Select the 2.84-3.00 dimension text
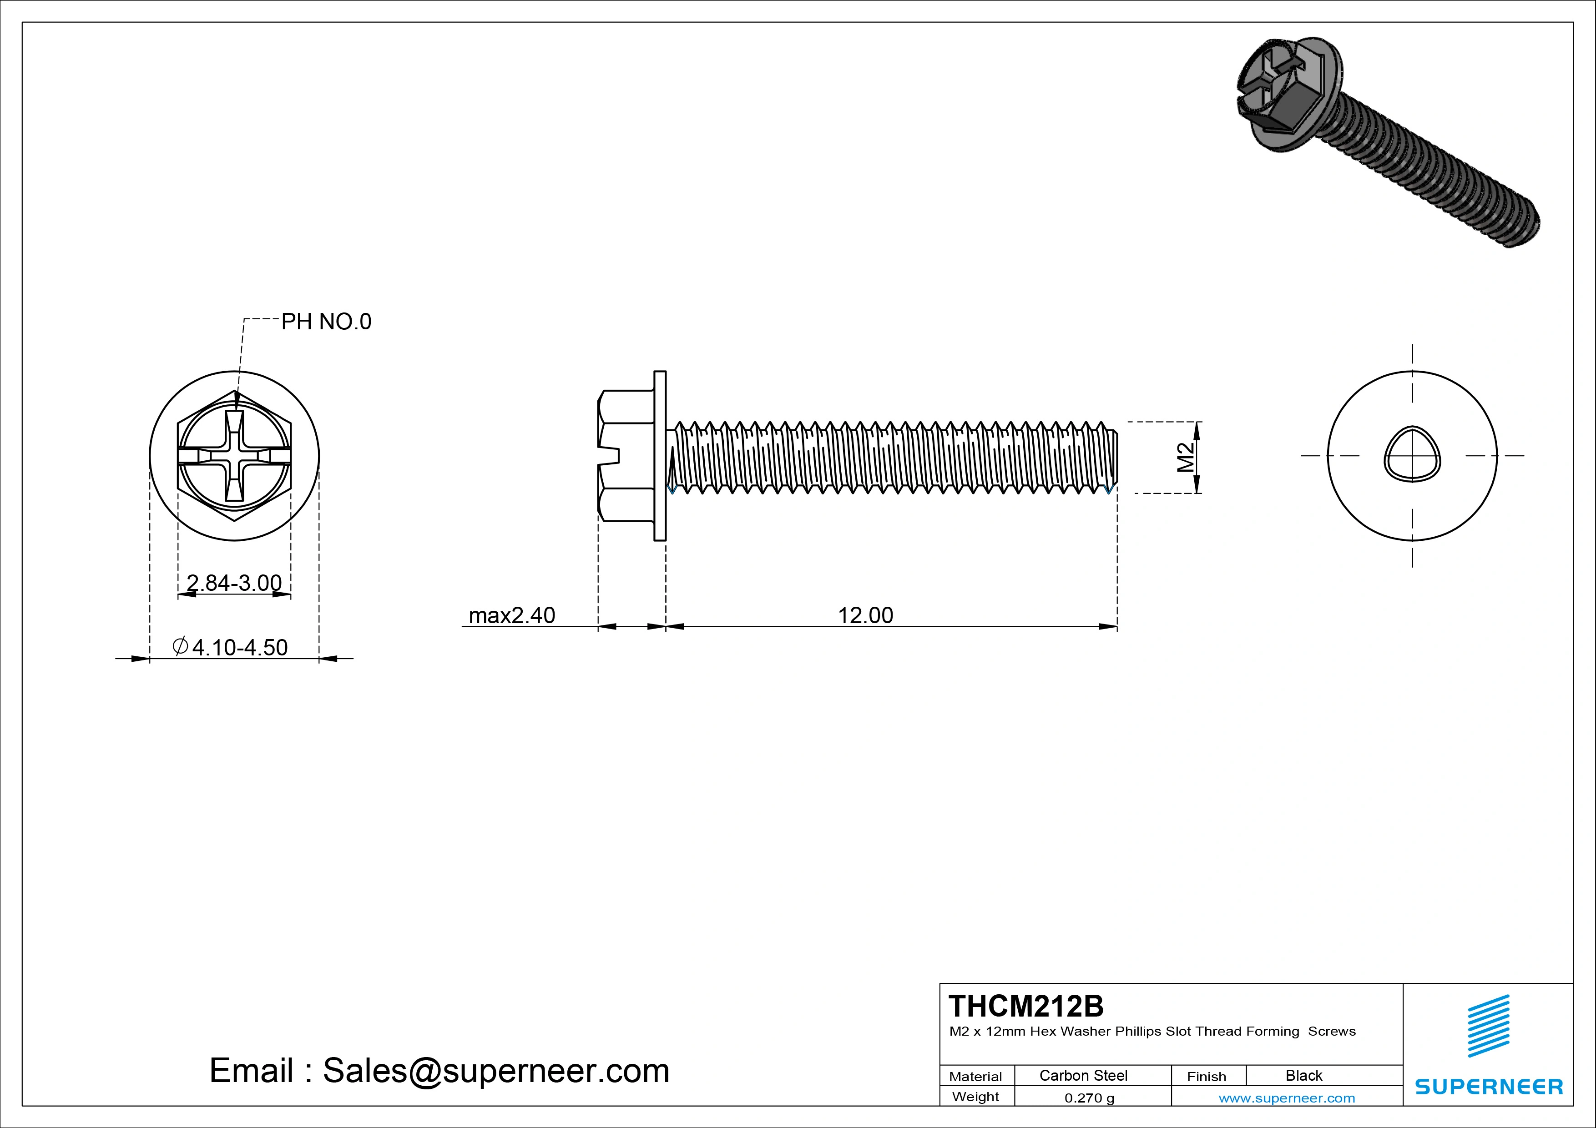pyautogui.click(x=234, y=582)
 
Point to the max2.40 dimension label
pyautogui.click(x=512, y=615)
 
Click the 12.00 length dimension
pyautogui.click(x=865, y=615)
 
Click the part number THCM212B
pyautogui.click(x=1025, y=1006)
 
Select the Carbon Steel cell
pyautogui.click(x=1083, y=1075)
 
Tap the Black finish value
pyautogui.click(x=1303, y=1075)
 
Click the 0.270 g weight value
pyautogui.click(x=1089, y=1098)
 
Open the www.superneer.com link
pyautogui.click(x=1287, y=1098)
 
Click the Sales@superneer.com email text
pyautogui.click(x=495, y=1070)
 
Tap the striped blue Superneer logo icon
pyautogui.click(x=1488, y=1026)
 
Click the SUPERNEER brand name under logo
pyautogui.click(x=1488, y=1086)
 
